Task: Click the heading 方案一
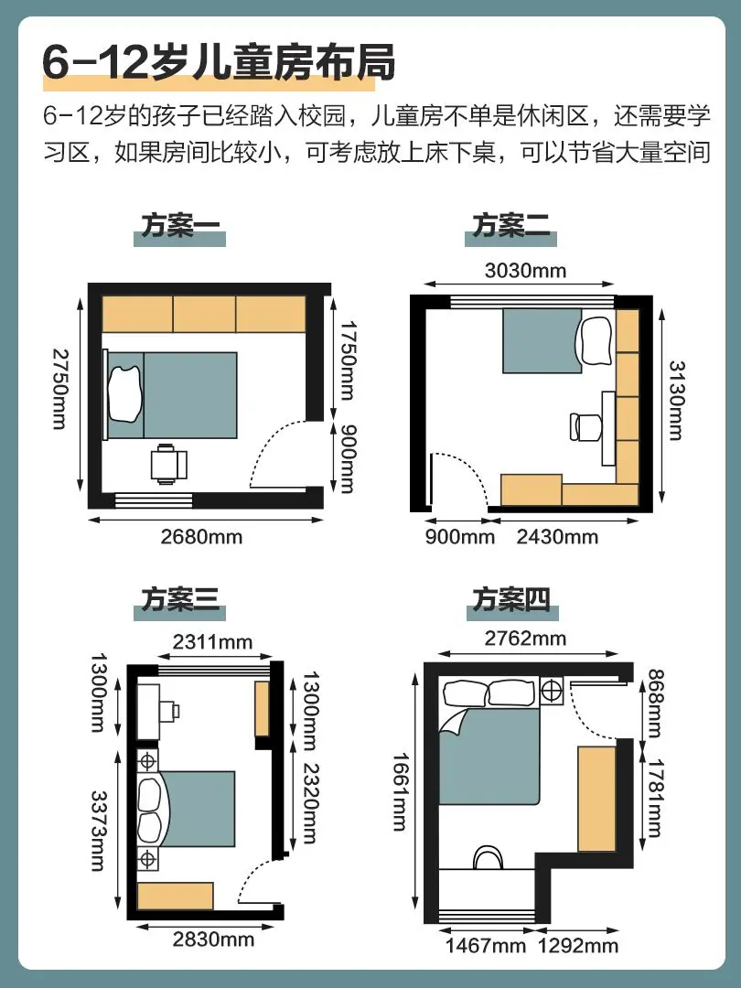tap(180, 225)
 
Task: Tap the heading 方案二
tap(511, 225)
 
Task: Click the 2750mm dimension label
tap(59, 390)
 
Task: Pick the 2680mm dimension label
tap(201, 537)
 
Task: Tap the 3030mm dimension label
tap(525, 270)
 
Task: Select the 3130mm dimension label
tap(676, 400)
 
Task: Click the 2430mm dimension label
tap(558, 537)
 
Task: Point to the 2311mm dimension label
tap(213, 641)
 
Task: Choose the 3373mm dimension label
tap(98, 831)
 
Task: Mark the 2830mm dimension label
tap(213, 940)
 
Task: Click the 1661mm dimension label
tap(400, 792)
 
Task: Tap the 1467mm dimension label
tap(486, 946)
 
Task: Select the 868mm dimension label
tap(655, 703)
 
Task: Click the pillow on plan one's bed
tap(125, 394)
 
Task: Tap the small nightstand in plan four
tap(552, 692)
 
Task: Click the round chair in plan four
tap(488, 857)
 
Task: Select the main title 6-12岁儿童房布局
tap(219, 63)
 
